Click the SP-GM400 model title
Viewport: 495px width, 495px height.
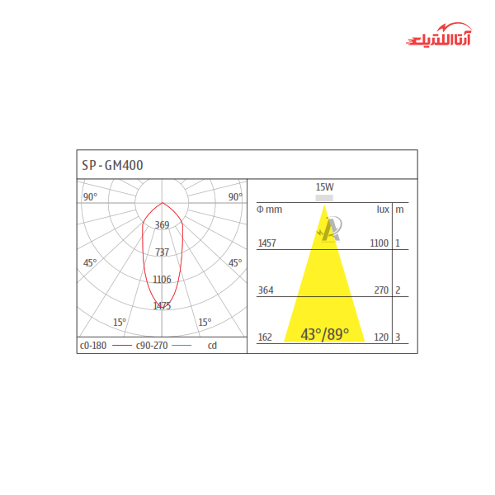click(x=112, y=165)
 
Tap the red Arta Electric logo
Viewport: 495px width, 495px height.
click(x=439, y=35)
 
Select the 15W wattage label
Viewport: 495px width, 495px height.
click(x=324, y=187)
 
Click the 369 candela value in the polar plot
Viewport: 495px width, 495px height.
click(x=162, y=225)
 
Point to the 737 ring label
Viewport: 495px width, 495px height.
click(x=162, y=252)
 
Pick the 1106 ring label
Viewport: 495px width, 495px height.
click(x=162, y=280)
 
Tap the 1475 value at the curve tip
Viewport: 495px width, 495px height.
click(x=162, y=306)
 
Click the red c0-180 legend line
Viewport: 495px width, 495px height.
click(x=122, y=346)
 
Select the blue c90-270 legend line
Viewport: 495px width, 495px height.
click(x=181, y=346)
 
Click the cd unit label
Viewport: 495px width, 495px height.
click(x=212, y=346)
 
